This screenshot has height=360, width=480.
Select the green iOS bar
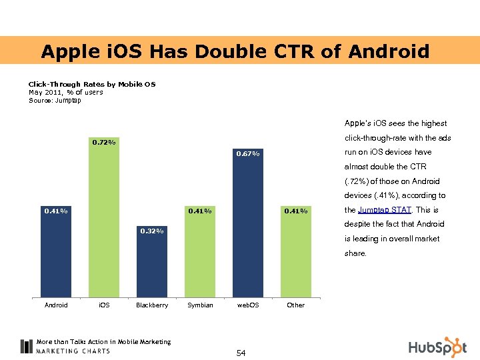tap(104, 220)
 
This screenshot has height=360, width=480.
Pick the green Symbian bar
tap(200, 253)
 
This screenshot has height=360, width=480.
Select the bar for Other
tap(295, 253)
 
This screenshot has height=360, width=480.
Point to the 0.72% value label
tap(104, 142)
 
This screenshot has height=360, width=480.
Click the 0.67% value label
tap(248, 155)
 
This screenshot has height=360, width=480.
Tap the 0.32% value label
tap(152, 231)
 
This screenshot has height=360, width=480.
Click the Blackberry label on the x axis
tap(152, 305)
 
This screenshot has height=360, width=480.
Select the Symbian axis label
tap(200, 305)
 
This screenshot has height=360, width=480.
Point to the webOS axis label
tap(248, 305)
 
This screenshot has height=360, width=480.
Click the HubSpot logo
tap(437, 347)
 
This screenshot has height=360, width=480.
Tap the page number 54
tap(241, 353)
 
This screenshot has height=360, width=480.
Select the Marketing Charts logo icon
tap(26, 346)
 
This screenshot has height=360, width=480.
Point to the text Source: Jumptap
tap(55, 101)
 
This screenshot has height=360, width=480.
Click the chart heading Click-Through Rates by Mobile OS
tap(91, 84)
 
